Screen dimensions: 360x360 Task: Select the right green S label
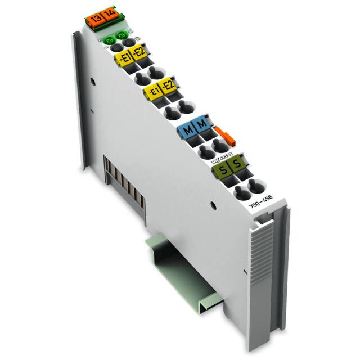click(x=237, y=163)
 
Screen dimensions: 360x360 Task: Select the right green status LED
click(x=119, y=37)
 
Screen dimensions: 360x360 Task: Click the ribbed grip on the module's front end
click(x=264, y=258)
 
